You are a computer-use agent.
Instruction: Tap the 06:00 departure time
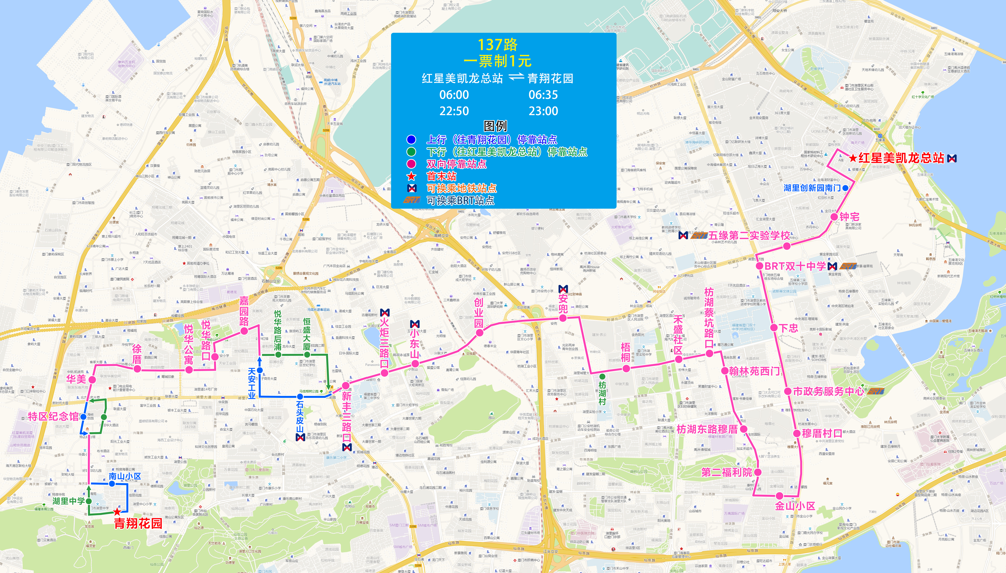(x=454, y=95)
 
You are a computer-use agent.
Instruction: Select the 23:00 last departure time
(x=543, y=111)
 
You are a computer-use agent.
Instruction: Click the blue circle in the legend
(x=411, y=139)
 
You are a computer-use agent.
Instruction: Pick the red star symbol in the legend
(x=411, y=176)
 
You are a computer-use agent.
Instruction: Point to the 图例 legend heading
(x=495, y=126)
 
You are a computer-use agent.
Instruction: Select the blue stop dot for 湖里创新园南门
(x=845, y=188)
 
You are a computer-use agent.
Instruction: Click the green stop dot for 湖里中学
(x=89, y=501)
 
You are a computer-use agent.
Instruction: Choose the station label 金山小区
(x=795, y=506)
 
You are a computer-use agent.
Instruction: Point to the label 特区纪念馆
(x=53, y=416)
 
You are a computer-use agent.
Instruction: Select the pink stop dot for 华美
(x=92, y=379)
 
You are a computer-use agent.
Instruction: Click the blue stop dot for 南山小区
(x=112, y=484)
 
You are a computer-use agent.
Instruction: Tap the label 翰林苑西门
(x=754, y=371)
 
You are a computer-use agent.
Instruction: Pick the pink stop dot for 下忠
(x=774, y=327)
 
